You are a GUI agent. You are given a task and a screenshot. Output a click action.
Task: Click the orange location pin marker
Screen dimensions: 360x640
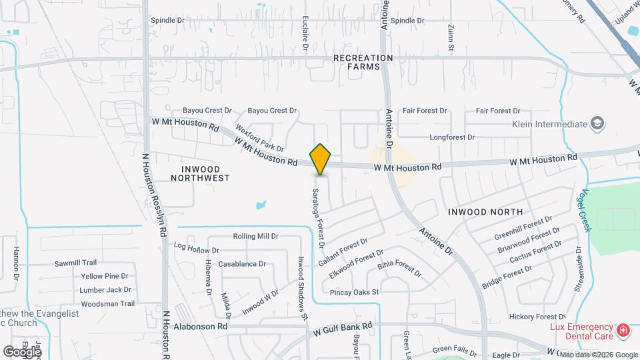coord(321,159)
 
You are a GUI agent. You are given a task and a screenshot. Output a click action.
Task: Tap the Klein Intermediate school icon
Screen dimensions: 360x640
coord(598,123)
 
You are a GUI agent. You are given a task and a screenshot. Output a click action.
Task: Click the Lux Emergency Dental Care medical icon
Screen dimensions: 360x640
coord(623,330)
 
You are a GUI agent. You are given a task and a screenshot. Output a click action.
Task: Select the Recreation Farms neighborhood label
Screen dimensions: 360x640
coord(363,62)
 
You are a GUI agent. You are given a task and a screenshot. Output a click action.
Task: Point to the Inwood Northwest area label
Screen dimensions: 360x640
coord(200,173)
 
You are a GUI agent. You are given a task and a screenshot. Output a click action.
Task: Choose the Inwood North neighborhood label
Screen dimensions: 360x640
coord(485,212)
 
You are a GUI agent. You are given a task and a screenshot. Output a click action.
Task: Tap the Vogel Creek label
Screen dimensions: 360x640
coord(583,209)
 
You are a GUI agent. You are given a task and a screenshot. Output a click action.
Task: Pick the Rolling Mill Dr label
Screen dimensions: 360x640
coord(255,237)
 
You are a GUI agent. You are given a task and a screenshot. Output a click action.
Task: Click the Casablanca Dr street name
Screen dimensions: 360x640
coord(242,264)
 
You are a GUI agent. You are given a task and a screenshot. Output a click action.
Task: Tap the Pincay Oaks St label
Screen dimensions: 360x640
coord(354,292)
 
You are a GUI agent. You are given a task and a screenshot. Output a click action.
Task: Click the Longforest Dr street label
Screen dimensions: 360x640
coord(452,137)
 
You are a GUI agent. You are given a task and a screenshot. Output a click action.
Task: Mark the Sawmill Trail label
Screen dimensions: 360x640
coord(76,263)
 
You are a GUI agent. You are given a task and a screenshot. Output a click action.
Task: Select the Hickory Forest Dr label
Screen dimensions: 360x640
coord(537,317)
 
